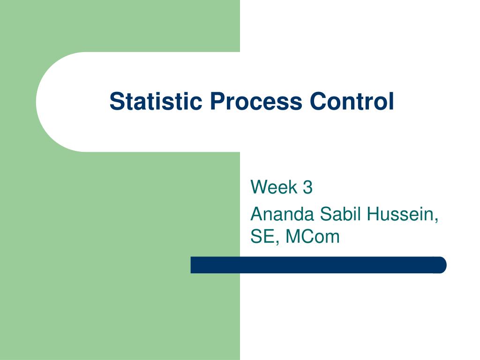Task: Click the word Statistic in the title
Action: (156, 102)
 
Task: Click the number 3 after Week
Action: (307, 187)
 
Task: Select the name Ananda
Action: (283, 215)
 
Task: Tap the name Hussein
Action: (402, 215)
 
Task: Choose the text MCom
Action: (312, 237)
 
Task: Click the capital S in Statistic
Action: (116, 102)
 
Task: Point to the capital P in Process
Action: (216, 102)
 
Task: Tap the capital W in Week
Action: (258, 187)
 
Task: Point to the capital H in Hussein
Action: (373, 215)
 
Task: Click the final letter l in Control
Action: (391, 102)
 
